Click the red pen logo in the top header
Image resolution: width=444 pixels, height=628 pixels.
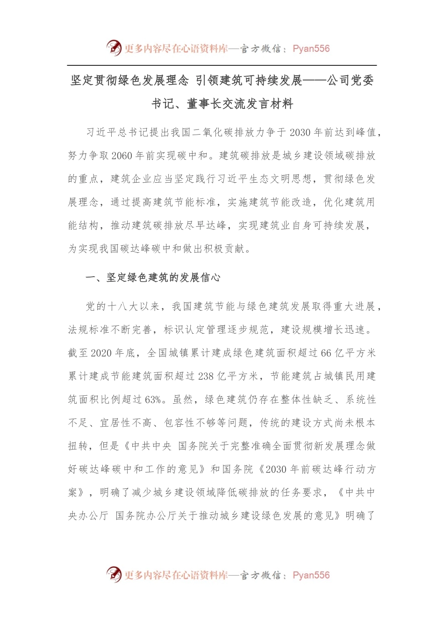114,48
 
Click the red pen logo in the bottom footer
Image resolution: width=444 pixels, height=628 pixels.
114,574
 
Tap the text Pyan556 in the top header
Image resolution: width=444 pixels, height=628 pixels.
311,49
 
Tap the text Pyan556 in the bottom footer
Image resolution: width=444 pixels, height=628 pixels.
311,575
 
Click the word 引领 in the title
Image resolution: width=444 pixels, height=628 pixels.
207,81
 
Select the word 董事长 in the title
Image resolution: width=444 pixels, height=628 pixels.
204,104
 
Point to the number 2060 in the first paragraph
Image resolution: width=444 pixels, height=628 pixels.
122,156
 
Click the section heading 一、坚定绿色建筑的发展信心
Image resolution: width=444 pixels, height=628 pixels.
153,278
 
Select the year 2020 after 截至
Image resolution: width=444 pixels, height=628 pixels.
101,353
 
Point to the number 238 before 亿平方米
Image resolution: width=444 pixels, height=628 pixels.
206,377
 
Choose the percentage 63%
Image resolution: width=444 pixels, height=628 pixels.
153,400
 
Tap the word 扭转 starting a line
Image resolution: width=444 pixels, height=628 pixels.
78,446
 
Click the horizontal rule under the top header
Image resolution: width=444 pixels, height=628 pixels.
222,65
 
